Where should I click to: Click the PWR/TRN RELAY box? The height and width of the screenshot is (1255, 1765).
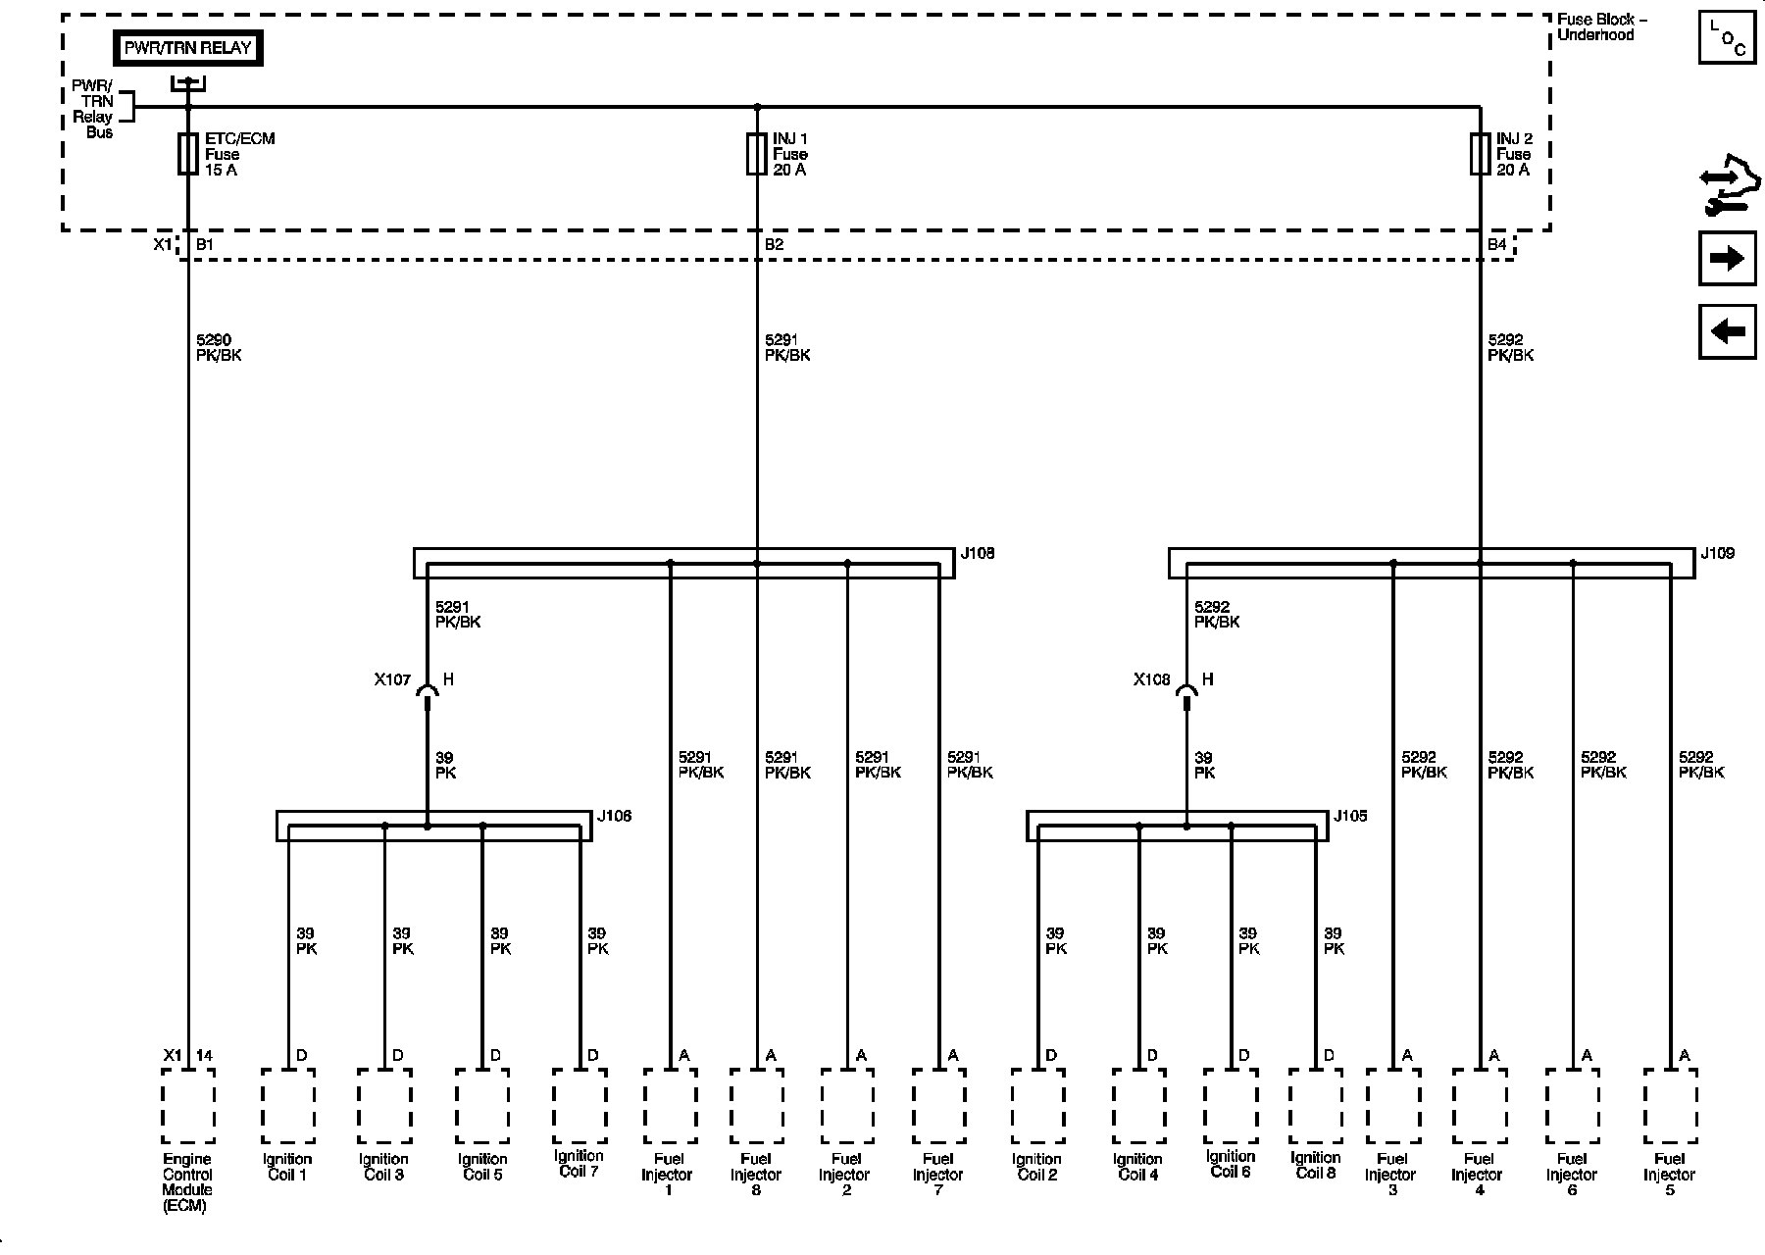click(188, 48)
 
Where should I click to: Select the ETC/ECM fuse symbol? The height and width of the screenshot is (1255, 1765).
click(188, 154)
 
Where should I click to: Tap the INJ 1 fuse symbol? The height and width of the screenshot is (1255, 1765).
click(756, 154)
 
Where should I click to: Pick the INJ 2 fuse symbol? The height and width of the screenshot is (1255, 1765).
click(1481, 154)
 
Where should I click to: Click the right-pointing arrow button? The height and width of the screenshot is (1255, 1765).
click(1727, 259)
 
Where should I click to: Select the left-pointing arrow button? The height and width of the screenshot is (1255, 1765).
click(1727, 331)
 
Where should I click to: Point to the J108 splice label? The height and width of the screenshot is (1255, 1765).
click(978, 554)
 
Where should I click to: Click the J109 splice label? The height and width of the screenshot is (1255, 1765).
click(1717, 554)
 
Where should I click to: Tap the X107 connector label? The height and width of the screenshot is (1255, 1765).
click(392, 679)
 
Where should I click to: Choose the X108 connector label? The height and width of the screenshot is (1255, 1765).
click(1152, 679)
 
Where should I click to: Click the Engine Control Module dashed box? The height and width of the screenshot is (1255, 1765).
click(188, 1106)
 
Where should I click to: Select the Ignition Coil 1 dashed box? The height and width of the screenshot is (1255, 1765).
click(288, 1106)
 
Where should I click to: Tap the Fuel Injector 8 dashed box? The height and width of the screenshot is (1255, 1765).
click(756, 1106)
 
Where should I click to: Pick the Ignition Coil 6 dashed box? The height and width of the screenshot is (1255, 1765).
click(1231, 1106)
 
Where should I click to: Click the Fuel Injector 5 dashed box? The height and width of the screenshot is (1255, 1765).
click(1670, 1106)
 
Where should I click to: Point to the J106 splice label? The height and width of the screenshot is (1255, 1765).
click(615, 817)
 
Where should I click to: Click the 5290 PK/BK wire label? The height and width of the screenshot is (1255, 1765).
click(219, 348)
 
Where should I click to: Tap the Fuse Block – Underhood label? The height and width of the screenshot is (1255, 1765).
click(1601, 27)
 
